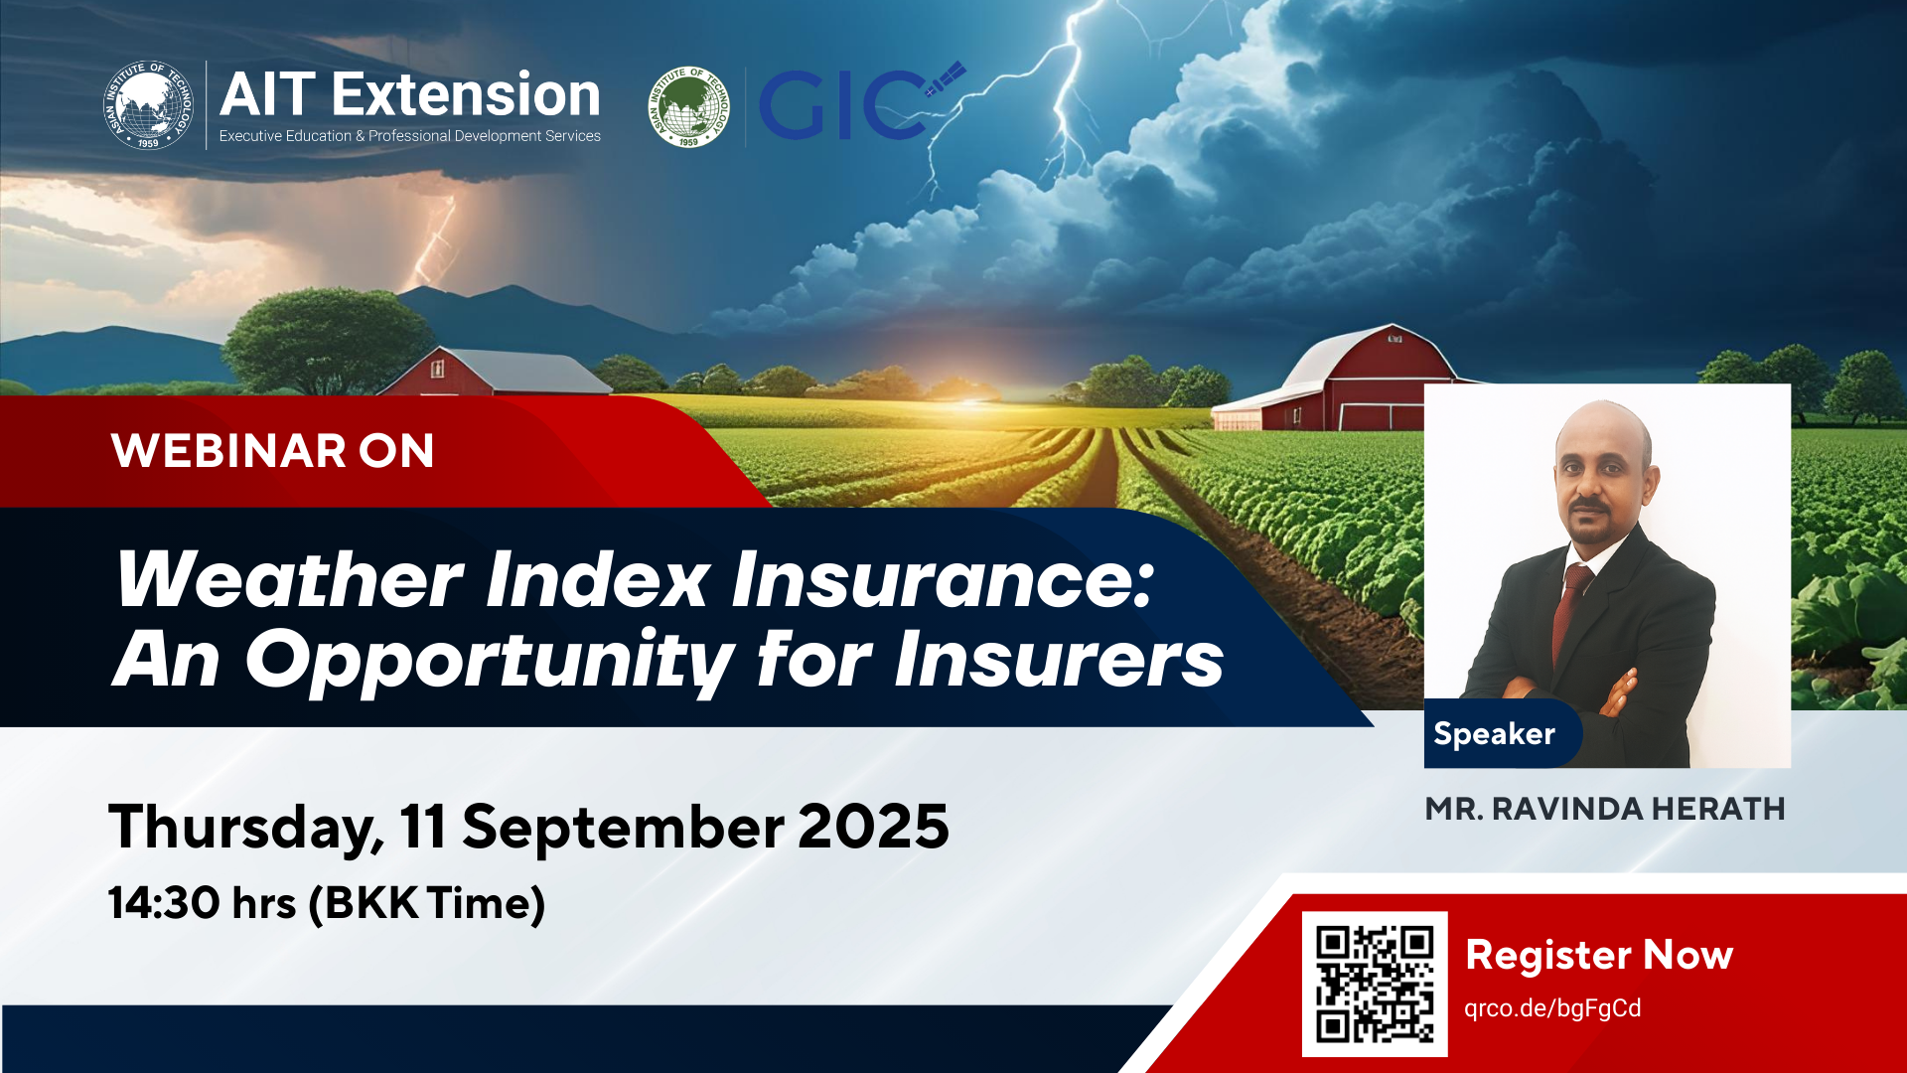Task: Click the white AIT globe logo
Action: coord(148,105)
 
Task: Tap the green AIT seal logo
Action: coord(688,106)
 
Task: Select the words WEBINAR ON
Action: coord(273,451)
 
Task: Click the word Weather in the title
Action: coord(290,579)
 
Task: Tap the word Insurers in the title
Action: coord(1059,660)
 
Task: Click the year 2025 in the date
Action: coord(873,827)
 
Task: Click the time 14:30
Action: coord(165,903)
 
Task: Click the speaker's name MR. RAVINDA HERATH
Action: coord(1605,809)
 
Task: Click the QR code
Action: coord(1375,984)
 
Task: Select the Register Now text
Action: coord(1599,955)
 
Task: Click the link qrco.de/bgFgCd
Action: coord(1552,1008)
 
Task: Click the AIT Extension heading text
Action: coord(410,95)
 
